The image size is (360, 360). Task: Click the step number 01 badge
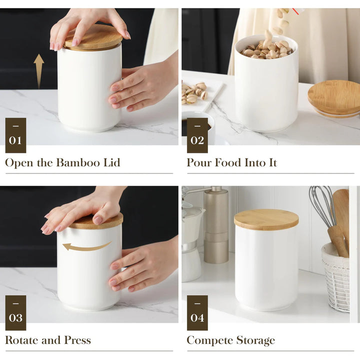[x=15, y=135]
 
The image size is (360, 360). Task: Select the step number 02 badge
[x=197, y=135]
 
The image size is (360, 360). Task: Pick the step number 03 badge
[x=15, y=312]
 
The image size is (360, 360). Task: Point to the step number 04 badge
[x=197, y=312]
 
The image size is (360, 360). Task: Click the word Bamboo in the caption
[x=78, y=162]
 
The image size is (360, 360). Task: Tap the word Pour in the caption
[x=199, y=162]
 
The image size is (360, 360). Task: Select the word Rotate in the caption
[x=21, y=340]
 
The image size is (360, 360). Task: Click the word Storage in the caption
[x=255, y=340]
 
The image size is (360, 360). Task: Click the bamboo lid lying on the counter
[x=334, y=98]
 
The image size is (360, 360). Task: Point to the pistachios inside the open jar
[x=266, y=49]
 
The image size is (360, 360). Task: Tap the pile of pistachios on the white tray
[x=194, y=92]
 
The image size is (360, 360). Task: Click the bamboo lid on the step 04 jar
[x=266, y=219]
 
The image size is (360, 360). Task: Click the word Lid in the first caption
[x=112, y=162]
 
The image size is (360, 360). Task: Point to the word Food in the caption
[x=227, y=162]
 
